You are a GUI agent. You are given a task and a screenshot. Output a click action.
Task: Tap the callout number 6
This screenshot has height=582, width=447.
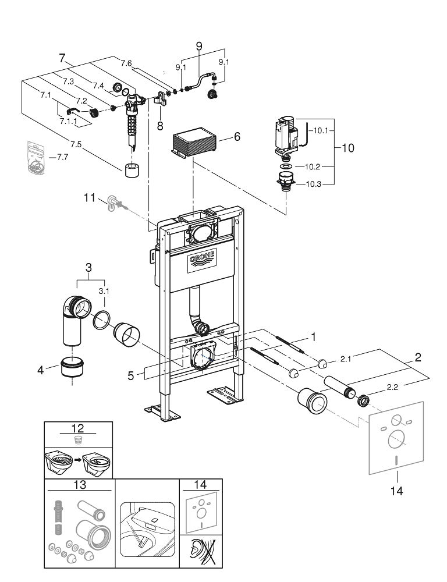pyautogui.click(x=236, y=137)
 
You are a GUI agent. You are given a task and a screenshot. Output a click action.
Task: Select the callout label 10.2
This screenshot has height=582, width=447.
pyautogui.click(x=312, y=166)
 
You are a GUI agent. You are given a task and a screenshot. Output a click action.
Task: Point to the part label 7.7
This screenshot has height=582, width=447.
pyautogui.click(x=63, y=157)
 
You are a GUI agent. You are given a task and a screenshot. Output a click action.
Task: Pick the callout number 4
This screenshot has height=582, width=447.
pyautogui.click(x=41, y=370)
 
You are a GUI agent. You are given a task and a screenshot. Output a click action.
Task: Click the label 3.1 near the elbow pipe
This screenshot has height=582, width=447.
pyautogui.click(x=104, y=291)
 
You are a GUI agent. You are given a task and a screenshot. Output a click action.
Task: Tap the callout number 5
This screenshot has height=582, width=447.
pyautogui.click(x=131, y=375)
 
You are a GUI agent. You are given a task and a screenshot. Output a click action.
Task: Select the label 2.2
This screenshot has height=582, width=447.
pyautogui.click(x=392, y=387)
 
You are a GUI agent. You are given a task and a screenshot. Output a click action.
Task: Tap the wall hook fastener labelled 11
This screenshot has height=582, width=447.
pyautogui.click(x=115, y=204)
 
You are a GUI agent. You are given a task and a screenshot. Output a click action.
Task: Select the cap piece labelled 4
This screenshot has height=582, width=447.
pyautogui.click(x=73, y=367)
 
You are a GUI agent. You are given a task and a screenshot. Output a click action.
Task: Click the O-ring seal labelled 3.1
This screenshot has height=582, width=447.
pyautogui.click(x=102, y=320)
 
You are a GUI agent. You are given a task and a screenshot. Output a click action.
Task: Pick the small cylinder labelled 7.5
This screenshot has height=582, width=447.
pyautogui.click(x=131, y=170)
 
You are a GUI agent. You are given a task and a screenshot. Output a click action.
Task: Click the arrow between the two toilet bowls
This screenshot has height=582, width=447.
pyautogui.click(x=78, y=460)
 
